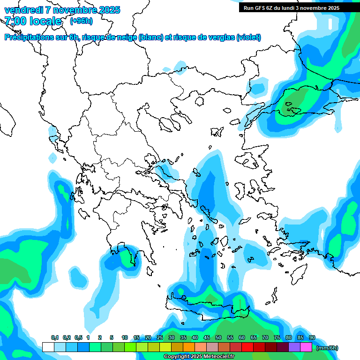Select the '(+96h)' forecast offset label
81,21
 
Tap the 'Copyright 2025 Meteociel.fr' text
199,357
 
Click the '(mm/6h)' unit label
327,348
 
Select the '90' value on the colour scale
312,338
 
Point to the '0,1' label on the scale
55,338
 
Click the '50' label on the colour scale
218,338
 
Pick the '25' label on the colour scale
160,338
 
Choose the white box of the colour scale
48,347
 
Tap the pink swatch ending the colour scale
306,347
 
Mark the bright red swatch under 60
247,347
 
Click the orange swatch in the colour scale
189,347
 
